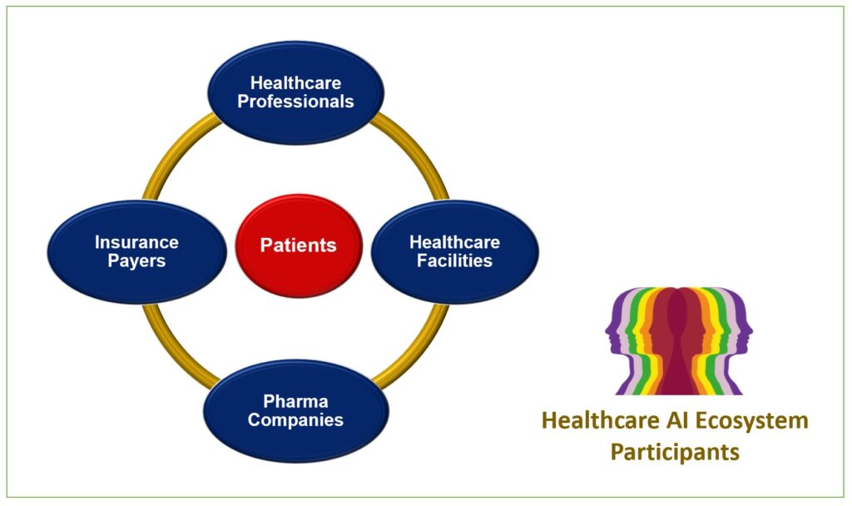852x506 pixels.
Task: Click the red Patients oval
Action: tap(299, 246)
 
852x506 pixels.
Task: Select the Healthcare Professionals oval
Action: tap(295, 93)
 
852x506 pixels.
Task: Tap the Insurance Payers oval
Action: tap(137, 251)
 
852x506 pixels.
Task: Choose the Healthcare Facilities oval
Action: tap(455, 251)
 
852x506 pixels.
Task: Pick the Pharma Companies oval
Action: tap(296, 411)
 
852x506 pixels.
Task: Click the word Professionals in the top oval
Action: tap(295, 102)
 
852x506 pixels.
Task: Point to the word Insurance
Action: tap(137, 242)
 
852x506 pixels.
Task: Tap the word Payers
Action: tap(137, 260)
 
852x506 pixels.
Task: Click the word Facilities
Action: tap(455, 260)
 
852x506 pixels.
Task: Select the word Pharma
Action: tap(295, 401)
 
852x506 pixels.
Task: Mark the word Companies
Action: tap(295, 420)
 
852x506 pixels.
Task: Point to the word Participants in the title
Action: tap(675, 452)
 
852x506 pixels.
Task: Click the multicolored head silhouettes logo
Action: tap(679, 340)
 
